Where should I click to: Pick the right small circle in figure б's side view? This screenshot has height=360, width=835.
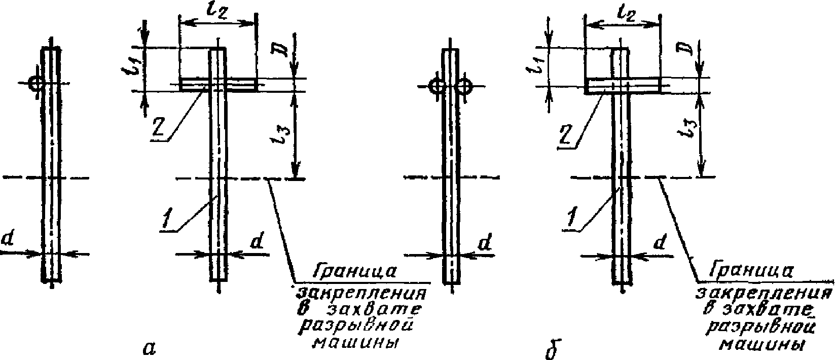click(463, 87)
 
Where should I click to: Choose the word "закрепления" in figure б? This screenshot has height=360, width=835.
click(763, 294)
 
